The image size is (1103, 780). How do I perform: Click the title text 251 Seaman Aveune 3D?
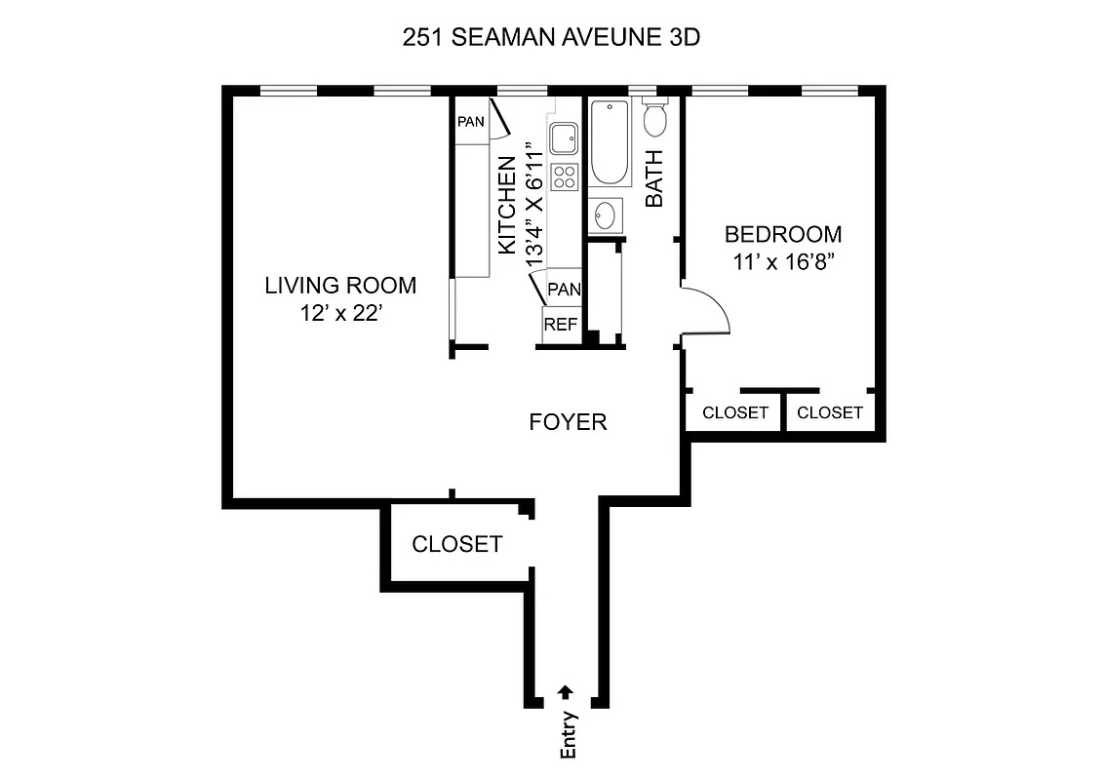point(551,38)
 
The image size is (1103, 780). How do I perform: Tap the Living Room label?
point(340,286)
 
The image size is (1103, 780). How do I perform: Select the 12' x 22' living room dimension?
point(340,314)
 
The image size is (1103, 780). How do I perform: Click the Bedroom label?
point(783,235)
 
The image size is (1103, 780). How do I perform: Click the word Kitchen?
point(507,206)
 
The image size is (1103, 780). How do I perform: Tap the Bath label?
point(654,177)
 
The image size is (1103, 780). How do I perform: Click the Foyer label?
point(568,422)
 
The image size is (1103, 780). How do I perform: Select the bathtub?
point(610,143)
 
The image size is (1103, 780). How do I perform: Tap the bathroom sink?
point(606,214)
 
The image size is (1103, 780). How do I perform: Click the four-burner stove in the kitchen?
point(565,176)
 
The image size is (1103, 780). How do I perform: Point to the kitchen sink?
point(564,139)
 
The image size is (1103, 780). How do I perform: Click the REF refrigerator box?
point(561,325)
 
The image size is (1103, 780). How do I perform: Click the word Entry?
point(569,733)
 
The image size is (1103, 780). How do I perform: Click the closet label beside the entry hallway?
point(456,544)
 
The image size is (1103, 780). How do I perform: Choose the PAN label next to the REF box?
point(565,290)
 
